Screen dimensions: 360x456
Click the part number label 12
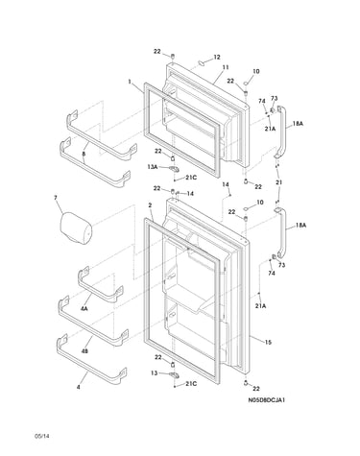pos(217,58)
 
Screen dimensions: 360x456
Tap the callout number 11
pos(226,67)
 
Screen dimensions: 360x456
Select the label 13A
pos(153,166)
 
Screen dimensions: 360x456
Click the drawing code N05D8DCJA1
pos(266,400)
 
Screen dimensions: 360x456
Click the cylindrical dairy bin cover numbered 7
pos(76,228)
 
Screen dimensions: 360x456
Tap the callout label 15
pos(268,343)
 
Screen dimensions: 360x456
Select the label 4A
pos(84,309)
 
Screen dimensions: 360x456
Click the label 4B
pos(84,351)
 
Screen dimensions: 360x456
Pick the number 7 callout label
pos(56,198)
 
